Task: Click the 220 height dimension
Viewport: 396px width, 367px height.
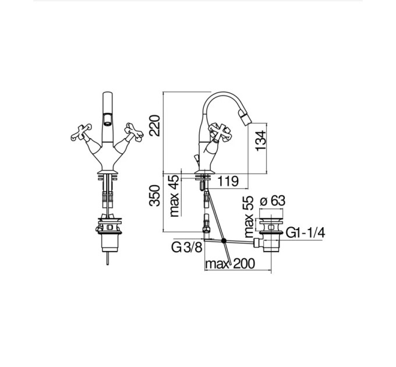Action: [154, 125]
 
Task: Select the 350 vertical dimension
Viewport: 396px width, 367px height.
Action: [154, 196]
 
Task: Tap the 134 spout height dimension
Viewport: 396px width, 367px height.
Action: [261, 141]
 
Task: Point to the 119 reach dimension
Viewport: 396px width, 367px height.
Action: [228, 181]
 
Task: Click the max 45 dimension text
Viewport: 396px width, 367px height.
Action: [174, 196]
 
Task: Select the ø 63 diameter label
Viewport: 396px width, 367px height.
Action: [273, 201]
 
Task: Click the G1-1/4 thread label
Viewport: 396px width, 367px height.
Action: [305, 232]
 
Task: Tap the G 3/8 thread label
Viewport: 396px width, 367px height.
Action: [187, 247]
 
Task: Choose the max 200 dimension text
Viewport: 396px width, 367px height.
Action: [230, 264]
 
